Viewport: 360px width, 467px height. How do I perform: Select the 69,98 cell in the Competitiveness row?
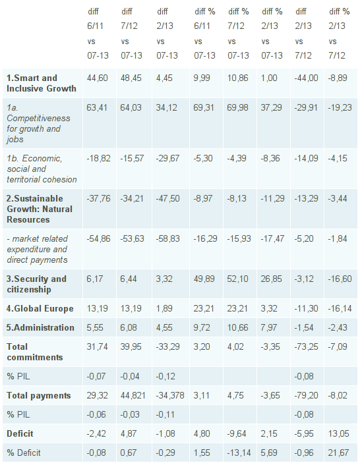(239, 106)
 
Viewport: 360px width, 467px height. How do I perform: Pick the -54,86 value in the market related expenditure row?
(98, 238)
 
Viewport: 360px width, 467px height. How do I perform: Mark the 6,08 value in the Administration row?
(130, 327)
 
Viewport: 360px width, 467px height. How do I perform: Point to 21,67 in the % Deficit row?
(339, 453)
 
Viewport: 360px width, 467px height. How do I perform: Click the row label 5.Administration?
(41, 327)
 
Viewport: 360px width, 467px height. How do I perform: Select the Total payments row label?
(38, 395)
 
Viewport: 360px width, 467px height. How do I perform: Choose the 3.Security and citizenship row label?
(37, 284)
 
